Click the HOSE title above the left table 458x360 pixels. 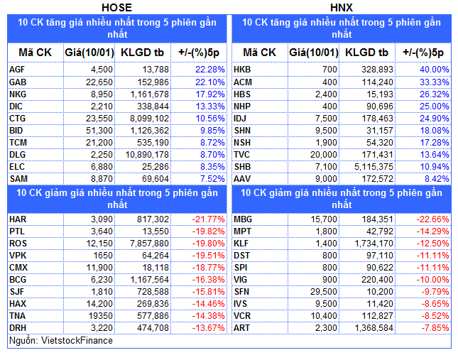pyautogui.click(x=117, y=7)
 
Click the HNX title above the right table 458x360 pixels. pyautogui.click(x=341, y=7)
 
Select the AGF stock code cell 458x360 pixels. pyautogui.click(x=18, y=70)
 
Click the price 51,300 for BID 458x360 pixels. pyautogui.click(x=97, y=131)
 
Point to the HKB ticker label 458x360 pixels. pyautogui.click(x=243, y=70)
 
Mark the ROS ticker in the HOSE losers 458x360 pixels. pyautogui.click(x=18, y=243)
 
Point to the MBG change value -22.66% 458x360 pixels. pyautogui.click(x=432, y=219)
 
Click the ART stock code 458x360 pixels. pyautogui.click(x=242, y=327)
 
